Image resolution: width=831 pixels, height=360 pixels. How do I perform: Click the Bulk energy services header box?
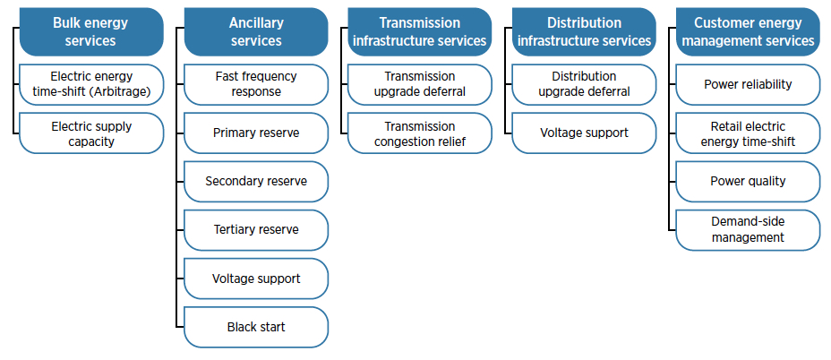coord(91,32)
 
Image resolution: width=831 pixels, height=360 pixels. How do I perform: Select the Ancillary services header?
coord(256,32)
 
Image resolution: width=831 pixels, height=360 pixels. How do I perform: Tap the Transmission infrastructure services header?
coord(420,32)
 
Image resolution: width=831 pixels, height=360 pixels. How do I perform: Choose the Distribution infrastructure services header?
coord(584,32)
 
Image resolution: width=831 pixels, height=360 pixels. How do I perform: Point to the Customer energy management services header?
coord(749,32)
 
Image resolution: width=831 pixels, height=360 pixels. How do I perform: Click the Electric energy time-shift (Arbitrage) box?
coord(91,85)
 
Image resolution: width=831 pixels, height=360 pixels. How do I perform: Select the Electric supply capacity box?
coord(91,133)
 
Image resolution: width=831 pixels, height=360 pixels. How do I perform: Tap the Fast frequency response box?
coord(256,85)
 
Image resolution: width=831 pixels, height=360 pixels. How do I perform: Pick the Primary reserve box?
coord(256,133)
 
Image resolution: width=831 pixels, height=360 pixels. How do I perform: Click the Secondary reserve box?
coord(256,181)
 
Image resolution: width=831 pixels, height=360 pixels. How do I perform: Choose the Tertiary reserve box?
coord(256,230)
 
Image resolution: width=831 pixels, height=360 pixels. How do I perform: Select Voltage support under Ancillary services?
coord(256,279)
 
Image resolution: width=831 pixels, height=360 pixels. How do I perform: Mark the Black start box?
coord(256,327)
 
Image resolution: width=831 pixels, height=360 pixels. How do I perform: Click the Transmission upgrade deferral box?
coord(420,85)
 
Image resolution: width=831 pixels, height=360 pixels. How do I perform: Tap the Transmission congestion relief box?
coord(420,133)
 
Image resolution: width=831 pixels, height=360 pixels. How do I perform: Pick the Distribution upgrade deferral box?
coord(584,85)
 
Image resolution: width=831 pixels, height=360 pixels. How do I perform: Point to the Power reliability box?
coord(749,85)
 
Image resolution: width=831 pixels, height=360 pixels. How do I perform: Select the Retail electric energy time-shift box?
coord(749,133)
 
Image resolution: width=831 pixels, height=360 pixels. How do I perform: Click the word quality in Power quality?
coord(766,182)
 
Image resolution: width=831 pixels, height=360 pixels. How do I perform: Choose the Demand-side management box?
coord(749,230)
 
